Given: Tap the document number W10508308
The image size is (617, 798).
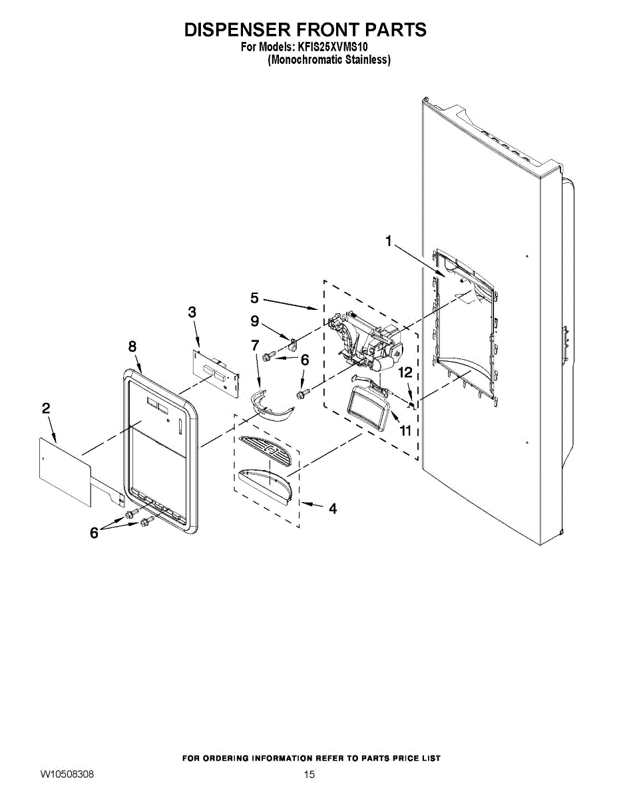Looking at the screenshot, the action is [67, 774].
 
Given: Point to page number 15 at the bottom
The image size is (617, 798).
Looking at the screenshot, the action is [309, 775].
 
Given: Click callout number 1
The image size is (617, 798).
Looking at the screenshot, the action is [389, 241].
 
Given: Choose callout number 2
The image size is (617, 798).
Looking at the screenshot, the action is [46, 408].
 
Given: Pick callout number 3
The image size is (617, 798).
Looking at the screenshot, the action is [192, 312].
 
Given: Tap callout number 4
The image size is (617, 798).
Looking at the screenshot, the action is [333, 509].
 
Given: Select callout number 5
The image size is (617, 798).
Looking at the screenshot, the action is [255, 298].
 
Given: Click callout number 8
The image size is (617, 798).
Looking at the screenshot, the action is [132, 346].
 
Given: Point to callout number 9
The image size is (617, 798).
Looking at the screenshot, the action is [255, 321].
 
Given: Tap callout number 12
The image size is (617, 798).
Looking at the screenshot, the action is [406, 373].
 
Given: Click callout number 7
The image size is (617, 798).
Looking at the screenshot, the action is [255, 345].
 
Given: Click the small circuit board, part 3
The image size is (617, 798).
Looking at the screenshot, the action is [216, 374].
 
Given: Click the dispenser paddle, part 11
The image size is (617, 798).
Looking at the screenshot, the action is [368, 410].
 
